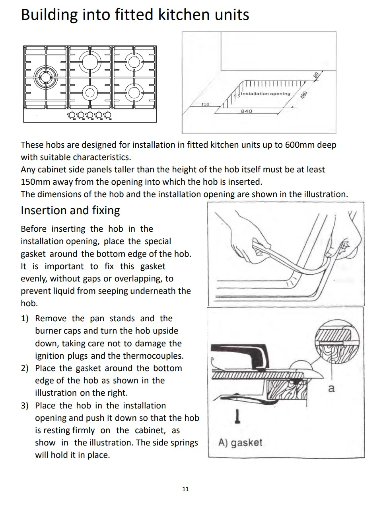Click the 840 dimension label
coord(247,111)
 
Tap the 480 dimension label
coord(304,95)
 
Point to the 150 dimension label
coord(205,104)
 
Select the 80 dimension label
coord(316,75)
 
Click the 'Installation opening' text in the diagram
coord(265,94)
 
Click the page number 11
coord(185,489)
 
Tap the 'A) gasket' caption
coord(240,442)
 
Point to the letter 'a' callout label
coord(331,388)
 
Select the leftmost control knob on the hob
coord(72,115)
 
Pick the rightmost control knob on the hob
coord(107,115)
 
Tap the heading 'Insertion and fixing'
coord(70,211)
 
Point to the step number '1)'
coord(25,318)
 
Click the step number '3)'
coord(25,406)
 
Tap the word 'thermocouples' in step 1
coord(153,356)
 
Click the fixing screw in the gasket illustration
coord(237,416)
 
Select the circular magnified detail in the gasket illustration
coord(337,342)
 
